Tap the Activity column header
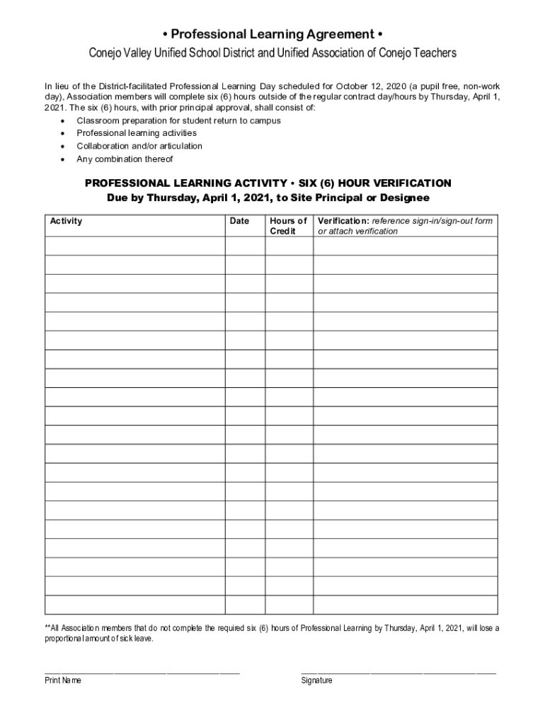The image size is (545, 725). [66, 221]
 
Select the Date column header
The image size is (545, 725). [240, 221]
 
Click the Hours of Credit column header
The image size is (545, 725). [288, 226]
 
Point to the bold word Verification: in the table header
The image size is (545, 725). [343, 221]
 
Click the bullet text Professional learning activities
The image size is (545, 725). [137, 133]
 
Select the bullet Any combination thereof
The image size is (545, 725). [125, 159]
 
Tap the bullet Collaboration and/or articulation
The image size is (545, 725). [139, 146]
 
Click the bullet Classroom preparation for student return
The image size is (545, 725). [178, 120]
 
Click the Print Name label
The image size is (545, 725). [63, 680]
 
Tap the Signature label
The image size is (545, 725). [316, 680]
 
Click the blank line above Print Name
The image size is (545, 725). [142, 670]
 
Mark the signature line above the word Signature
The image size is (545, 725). [398, 670]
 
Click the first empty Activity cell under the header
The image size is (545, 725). [134, 246]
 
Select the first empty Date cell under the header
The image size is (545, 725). [244, 246]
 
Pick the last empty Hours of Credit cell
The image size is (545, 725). [289, 605]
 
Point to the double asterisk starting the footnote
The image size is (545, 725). [47, 628]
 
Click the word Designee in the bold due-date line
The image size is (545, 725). [404, 198]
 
